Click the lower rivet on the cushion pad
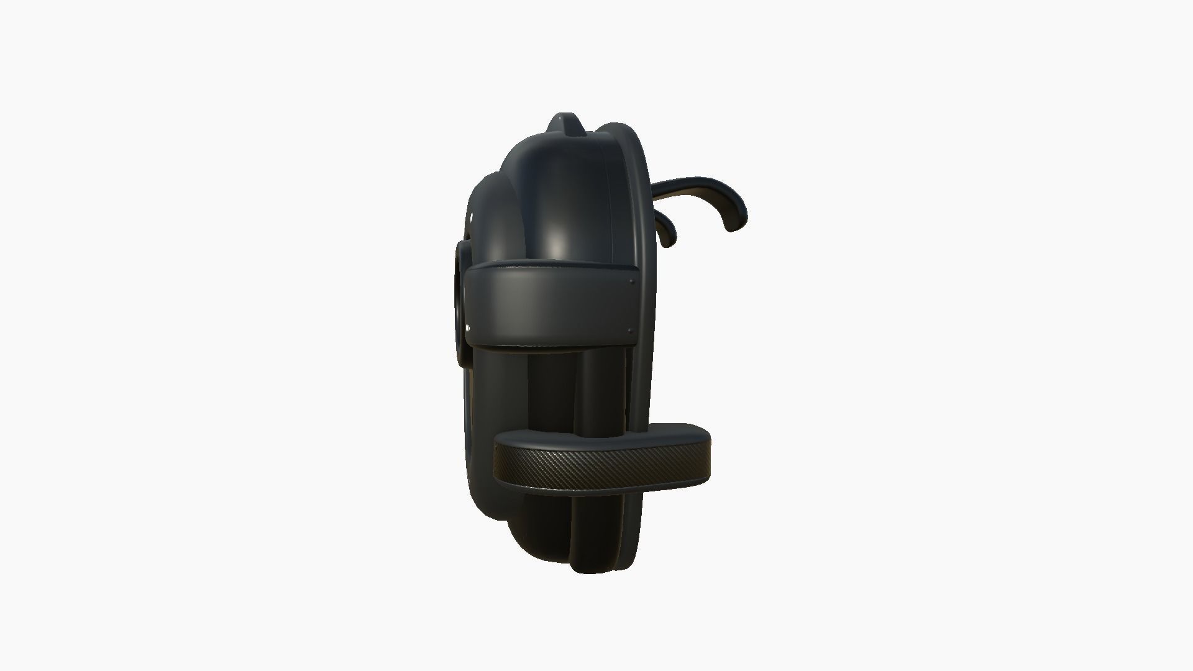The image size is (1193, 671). [x=631, y=331]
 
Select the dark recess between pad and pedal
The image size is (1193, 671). [x=553, y=385]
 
